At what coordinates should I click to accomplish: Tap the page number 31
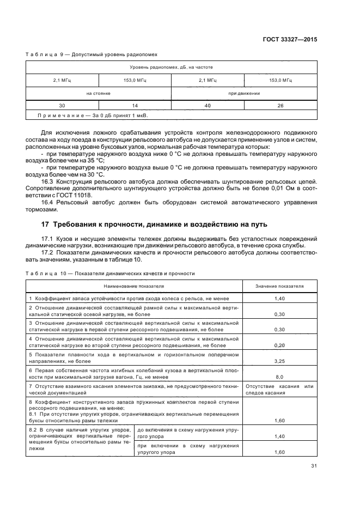[x=314, y=466]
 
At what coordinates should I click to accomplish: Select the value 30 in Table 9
[x=62, y=106]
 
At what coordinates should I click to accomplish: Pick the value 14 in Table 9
[x=135, y=106]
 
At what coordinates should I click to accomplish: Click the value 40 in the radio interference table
[x=208, y=106]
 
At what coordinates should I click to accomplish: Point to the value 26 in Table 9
[x=280, y=106]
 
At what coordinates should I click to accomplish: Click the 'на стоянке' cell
[x=98, y=93]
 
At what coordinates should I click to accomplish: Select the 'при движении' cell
[x=243, y=93]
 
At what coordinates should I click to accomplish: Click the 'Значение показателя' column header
[x=280, y=286]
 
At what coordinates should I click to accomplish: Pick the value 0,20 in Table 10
[x=280, y=345]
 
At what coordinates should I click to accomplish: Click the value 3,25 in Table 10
[x=280, y=361]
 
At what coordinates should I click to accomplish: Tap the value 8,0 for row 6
[x=280, y=377]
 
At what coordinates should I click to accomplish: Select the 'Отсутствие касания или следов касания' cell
[x=280, y=389]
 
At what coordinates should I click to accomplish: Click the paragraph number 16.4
[x=48, y=202]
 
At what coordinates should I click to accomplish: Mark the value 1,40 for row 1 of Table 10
[x=280, y=299]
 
